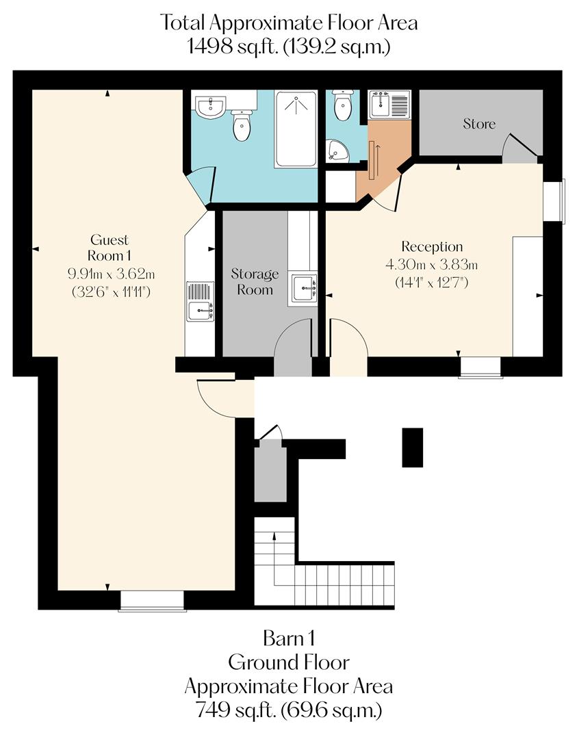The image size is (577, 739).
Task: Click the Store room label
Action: pos(479,124)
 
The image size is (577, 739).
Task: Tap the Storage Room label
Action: pos(255,282)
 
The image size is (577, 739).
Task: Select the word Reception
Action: pos(432,246)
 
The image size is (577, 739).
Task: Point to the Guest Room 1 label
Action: pos(110,248)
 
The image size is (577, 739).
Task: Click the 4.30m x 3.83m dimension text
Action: pos(432,264)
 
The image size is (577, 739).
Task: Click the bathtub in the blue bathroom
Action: pos(296,129)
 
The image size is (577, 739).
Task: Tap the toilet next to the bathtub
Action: pos(241,125)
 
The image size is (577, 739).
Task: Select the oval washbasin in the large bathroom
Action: pos(210,107)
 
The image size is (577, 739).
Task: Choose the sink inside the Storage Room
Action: pos(303,289)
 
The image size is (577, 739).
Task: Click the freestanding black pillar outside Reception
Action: pos(412,448)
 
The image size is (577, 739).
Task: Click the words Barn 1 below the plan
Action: pos(288,639)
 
